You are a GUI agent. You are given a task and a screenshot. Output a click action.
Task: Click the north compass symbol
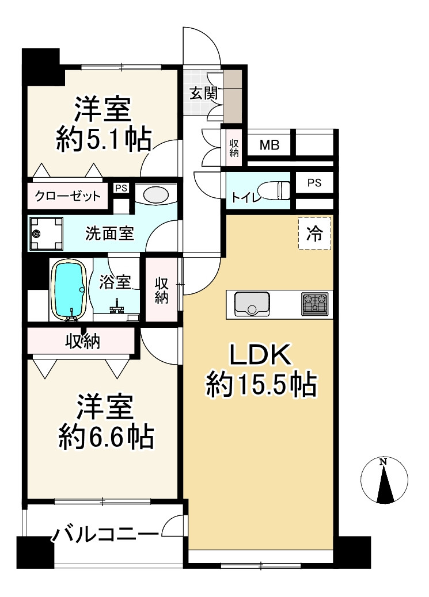(384, 481)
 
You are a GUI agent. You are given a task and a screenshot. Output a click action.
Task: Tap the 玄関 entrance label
(203, 93)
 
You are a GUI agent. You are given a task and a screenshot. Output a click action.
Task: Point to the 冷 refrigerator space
(314, 234)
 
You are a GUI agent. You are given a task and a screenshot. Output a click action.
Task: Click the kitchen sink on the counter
(252, 303)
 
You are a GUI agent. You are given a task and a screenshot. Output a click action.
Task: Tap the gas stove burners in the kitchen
(314, 303)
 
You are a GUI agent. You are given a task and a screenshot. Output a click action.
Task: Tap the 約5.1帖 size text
(104, 139)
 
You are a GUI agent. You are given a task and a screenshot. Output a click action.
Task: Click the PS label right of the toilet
(314, 183)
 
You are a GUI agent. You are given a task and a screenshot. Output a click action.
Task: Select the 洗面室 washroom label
(109, 234)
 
